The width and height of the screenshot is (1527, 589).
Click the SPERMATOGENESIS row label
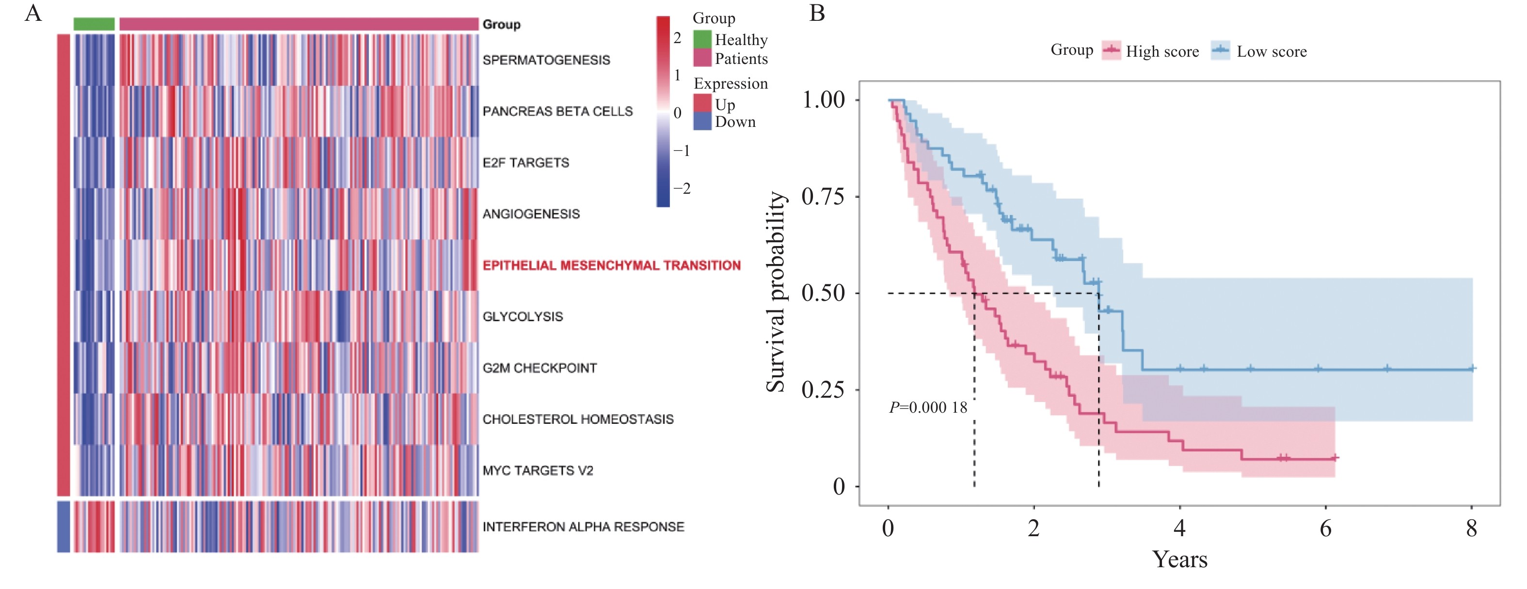tap(546, 60)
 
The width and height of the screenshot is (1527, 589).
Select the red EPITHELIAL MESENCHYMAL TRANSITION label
tap(611, 265)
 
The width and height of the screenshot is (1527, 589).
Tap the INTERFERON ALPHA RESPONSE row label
tap(583, 527)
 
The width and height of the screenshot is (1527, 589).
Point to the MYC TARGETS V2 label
tap(538, 470)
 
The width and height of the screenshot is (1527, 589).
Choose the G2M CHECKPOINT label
tap(540, 368)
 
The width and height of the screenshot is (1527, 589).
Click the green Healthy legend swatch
tap(702, 39)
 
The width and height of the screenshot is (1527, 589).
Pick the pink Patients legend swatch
tap(702, 58)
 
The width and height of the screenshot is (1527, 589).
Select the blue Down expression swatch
tap(702, 122)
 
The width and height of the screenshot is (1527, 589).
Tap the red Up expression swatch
tap(702, 103)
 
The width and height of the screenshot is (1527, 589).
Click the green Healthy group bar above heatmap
tap(94, 24)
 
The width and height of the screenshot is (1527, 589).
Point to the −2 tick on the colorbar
tap(682, 189)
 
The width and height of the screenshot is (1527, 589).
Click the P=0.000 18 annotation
tap(928, 408)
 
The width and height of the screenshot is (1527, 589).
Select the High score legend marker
tap(1112, 51)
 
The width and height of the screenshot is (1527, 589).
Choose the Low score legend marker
tap(1221, 51)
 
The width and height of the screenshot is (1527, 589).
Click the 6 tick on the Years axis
tap(1325, 527)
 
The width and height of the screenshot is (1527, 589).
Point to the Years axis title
tap(1179, 559)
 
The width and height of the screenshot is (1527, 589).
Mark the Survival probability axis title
tap(776, 292)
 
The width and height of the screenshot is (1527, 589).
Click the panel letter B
tap(817, 13)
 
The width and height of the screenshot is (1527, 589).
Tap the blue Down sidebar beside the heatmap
tap(64, 527)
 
